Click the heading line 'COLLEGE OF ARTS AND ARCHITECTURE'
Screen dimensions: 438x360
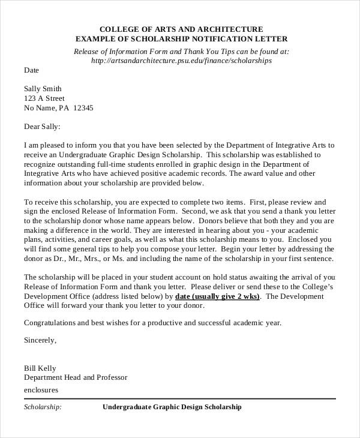pos(181,29)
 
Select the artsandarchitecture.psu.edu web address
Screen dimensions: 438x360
pos(181,61)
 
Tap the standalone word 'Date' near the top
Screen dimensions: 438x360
pos(31,70)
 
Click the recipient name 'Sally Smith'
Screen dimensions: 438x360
pos(43,88)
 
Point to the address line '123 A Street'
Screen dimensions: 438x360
pos(44,98)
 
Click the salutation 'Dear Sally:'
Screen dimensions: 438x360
pos(42,127)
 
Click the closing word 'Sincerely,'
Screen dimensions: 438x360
pos(40,340)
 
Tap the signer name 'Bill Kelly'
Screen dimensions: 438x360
pos(40,367)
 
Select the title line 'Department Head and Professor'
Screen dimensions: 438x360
pos(76,377)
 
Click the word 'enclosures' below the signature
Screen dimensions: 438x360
pos(41,389)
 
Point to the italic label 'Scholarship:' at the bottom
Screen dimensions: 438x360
pos(43,407)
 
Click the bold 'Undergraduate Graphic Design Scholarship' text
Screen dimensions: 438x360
pos(172,407)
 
